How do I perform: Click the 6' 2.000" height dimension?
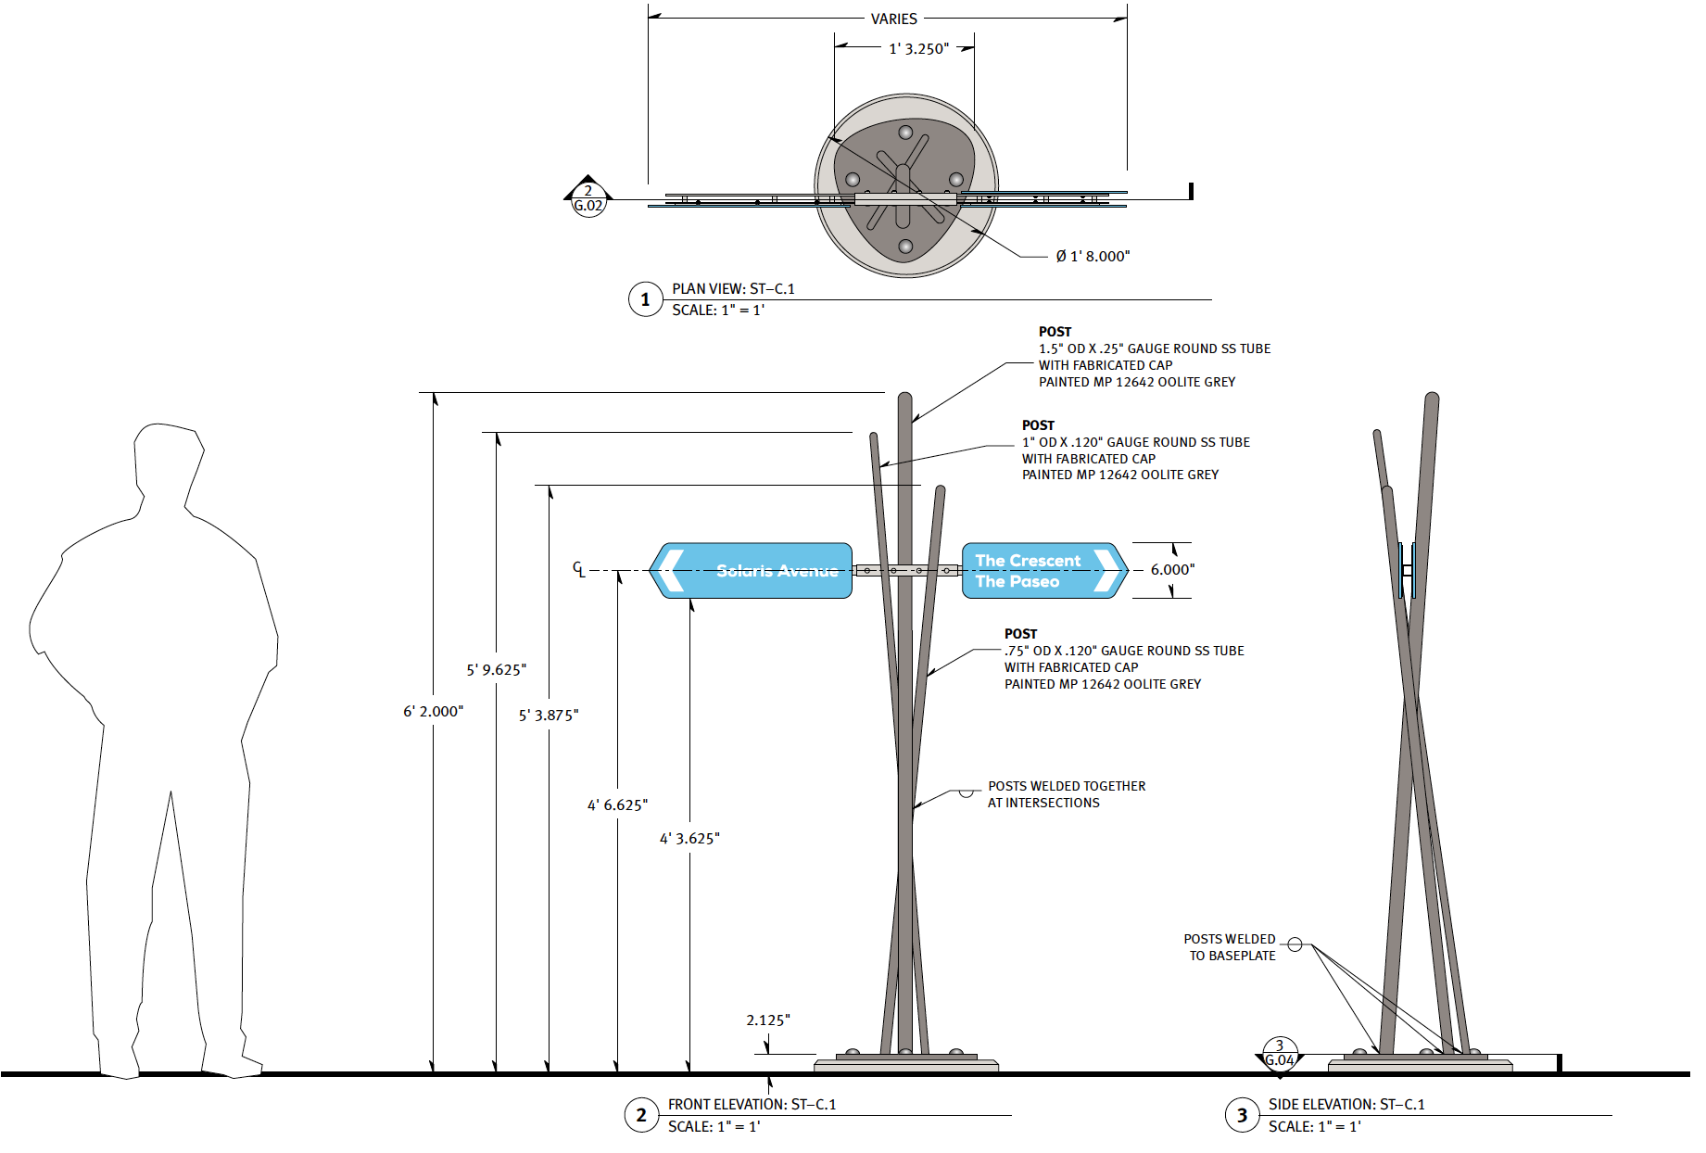coord(433,711)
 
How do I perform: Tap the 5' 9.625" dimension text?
coord(496,669)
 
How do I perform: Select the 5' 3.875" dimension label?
coord(549,715)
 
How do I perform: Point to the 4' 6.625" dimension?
coord(617,805)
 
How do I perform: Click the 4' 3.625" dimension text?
coord(689,838)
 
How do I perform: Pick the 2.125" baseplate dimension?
coord(768,1020)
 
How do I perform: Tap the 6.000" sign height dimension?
coord(1172,569)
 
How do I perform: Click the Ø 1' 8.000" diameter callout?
coord(1093,256)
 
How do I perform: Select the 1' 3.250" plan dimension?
coord(918,48)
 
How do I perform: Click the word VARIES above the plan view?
coord(893,19)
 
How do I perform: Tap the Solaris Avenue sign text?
coord(777,571)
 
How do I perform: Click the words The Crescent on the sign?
coord(1028,561)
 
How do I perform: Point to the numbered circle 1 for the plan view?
coord(646,299)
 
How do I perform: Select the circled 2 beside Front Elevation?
coord(641,1115)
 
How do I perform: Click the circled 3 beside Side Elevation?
coord(1242,1115)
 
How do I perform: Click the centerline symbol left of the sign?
coord(578,569)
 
